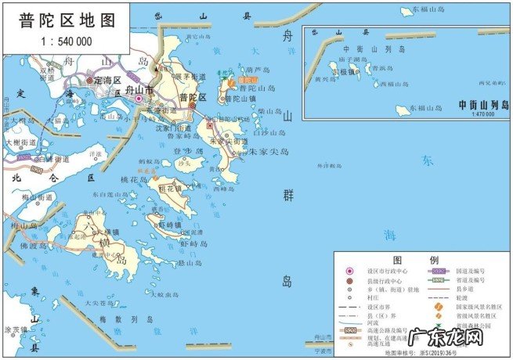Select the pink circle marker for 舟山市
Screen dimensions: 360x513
pos(139,99)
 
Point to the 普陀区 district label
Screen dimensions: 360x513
pos(192,98)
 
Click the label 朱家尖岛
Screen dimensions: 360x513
pos(264,152)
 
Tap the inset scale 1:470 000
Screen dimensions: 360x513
pos(484,114)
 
